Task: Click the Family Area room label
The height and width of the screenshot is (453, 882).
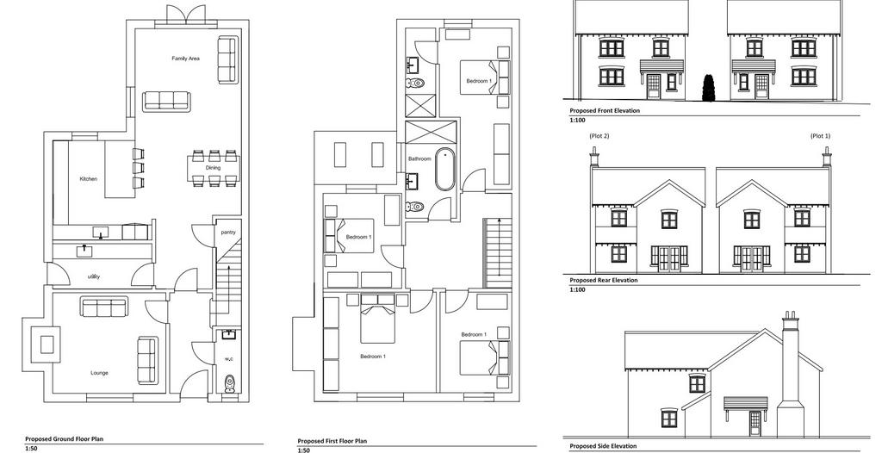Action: pos(186,59)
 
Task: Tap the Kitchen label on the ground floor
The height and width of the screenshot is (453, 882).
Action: pos(89,179)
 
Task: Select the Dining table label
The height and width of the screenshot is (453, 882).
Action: pos(214,168)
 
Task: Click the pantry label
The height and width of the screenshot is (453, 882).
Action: pos(228,232)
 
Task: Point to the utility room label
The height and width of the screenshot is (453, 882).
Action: pos(94,276)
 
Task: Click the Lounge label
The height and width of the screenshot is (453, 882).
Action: pos(100,373)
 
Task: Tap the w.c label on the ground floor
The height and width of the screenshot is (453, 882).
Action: pos(229,358)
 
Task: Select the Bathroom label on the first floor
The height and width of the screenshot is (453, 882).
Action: pos(419,159)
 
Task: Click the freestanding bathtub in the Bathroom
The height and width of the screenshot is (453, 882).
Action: pos(445,170)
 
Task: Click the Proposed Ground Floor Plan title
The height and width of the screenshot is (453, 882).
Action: pos(64,438)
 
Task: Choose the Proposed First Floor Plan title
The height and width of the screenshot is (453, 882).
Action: pos(332,441)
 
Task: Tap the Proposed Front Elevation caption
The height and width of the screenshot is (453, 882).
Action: pos(605,111)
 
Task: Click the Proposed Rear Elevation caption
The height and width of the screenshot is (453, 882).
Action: pos(604,280)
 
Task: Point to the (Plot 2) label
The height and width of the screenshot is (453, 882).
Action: pos(599,135)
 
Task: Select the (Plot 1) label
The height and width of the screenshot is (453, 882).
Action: pos(820,135)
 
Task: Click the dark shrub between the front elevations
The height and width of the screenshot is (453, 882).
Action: pos(709,89)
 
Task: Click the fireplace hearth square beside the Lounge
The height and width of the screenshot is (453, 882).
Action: pos(48,344)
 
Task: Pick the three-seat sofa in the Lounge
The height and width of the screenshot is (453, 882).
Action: pos(104,307)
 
